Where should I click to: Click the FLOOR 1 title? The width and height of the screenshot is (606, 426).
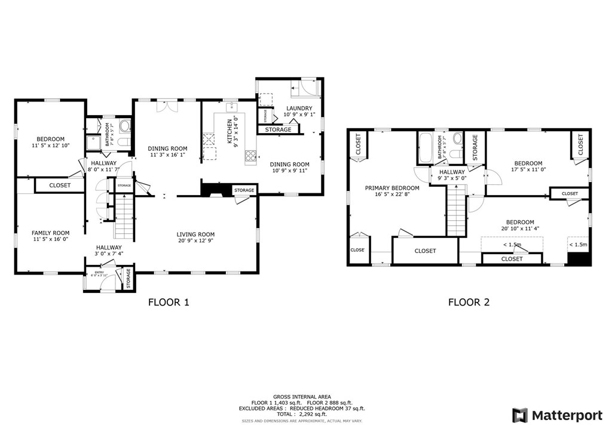[169, 302]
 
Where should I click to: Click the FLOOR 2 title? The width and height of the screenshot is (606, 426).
[469, 302]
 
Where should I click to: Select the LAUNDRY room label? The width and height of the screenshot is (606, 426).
[299, 108]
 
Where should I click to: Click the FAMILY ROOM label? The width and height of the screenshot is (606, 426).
[51, 233]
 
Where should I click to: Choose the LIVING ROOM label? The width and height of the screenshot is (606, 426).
[195, 234]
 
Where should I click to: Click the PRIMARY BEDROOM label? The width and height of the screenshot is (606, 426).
[392, 188]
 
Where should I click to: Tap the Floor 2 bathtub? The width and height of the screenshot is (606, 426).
[426, 148]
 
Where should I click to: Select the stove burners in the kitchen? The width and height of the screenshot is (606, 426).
[250, 156]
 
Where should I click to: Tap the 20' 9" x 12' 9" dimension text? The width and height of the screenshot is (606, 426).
[195, 241]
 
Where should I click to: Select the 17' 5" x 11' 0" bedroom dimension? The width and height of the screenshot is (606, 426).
[528, 170]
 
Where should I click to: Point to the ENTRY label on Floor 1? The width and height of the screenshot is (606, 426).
[99, 272]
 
